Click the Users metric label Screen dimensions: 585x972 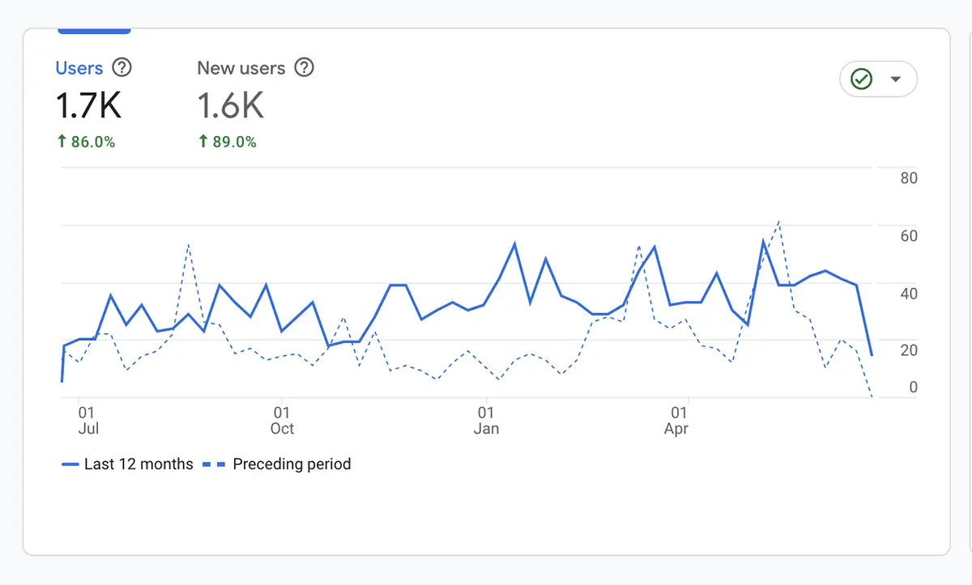(x=79, y=68)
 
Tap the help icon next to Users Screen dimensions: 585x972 (x=122, y=68)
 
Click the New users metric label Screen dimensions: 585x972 (x=241, y=68)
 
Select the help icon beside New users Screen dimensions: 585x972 (x=304, y=68)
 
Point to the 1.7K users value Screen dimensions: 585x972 (x=88, y=105)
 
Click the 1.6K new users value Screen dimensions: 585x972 (x=230, y=105)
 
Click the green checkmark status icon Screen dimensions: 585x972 (x=861, y=79)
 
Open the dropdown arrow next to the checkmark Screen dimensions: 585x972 (x=895, y=79)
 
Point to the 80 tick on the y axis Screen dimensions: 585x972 (x=908, y=179)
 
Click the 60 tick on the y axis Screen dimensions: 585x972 (x=908, y=236)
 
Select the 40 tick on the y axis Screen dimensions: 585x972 (x=908, y=294)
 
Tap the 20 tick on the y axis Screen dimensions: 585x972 (x=908, y=350)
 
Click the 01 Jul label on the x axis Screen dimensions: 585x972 (x=87, y=421)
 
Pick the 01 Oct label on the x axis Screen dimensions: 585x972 (x=282, y=421)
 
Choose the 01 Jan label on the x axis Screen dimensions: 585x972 (x=485, y=421)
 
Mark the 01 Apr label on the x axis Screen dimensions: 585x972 (x=676, y=421)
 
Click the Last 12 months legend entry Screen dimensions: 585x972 (x=127, y=464)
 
